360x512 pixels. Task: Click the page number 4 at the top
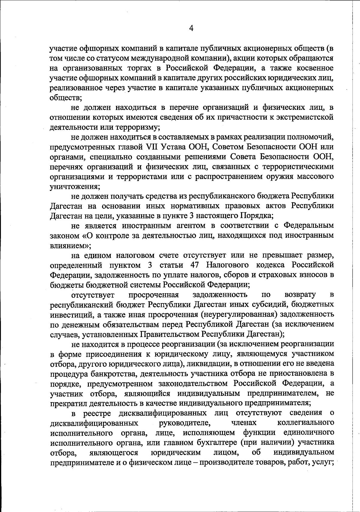point(191,28)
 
